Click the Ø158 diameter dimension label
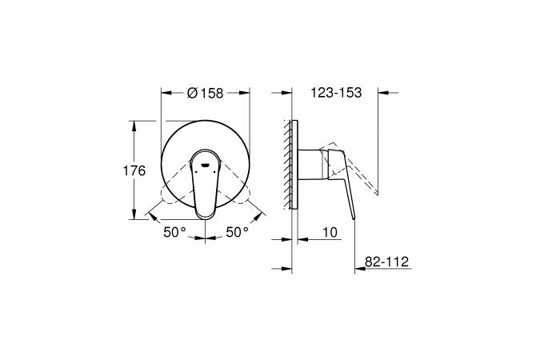click(206, 93)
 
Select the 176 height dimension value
click(134, 170)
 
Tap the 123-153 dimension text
click(336, 93)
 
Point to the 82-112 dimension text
click(386, 262)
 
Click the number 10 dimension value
click(330, 233)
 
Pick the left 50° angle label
click(174, 233)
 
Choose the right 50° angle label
click(238, 233)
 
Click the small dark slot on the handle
click(206, 165)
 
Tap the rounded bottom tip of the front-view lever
click(206, 216)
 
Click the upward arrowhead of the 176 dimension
click(134, 126)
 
